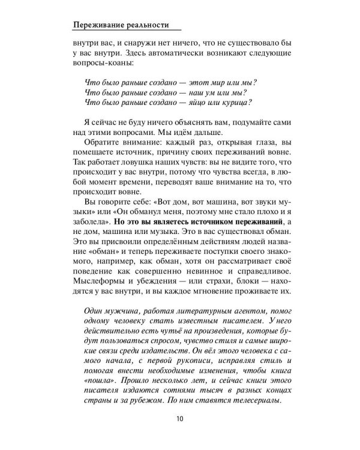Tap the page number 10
[x=180, y=419]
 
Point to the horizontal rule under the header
[x=125, y=32]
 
